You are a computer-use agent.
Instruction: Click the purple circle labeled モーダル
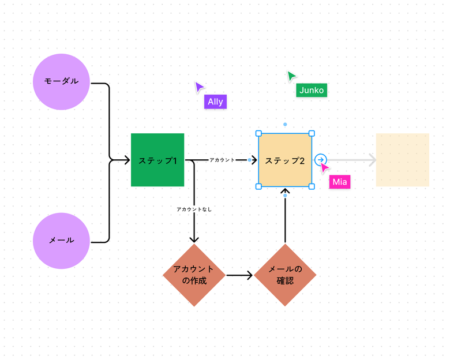click(x=62, y=81)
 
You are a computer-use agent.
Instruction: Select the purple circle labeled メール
click(x=62, y=241)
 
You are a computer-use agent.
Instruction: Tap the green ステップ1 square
click(x=157, y=160)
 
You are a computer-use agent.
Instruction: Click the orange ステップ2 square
click(x=285, y=160)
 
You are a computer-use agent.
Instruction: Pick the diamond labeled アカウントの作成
click(x=194, y=275)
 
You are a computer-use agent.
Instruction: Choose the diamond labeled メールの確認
click(x=285, y=275)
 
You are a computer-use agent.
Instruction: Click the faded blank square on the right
click(x=402, y=160)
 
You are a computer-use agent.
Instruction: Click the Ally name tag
click(x=215, y=102)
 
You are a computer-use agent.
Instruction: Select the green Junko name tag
click(x=312, y=90)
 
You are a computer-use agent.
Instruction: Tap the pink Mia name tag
click(x=339, y=182)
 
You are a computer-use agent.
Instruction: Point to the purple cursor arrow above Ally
click(x=199, y=88)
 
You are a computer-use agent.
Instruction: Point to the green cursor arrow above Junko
click(x=292, y=76)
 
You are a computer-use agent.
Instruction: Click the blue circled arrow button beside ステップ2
click(x=321, y=160)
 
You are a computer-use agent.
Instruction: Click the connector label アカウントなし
click(x=194, y=209)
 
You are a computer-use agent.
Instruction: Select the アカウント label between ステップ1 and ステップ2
click(x=222, y=160)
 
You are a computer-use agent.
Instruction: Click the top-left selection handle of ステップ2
click(x=258, y=133)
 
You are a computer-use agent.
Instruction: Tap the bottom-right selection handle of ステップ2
click(x=312, y=186)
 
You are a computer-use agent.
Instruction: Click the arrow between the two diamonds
click(x=239, y=275)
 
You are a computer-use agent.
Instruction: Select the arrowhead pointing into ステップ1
click(x=126, y=160)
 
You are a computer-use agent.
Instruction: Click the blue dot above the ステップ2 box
click(x=285, y=124)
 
